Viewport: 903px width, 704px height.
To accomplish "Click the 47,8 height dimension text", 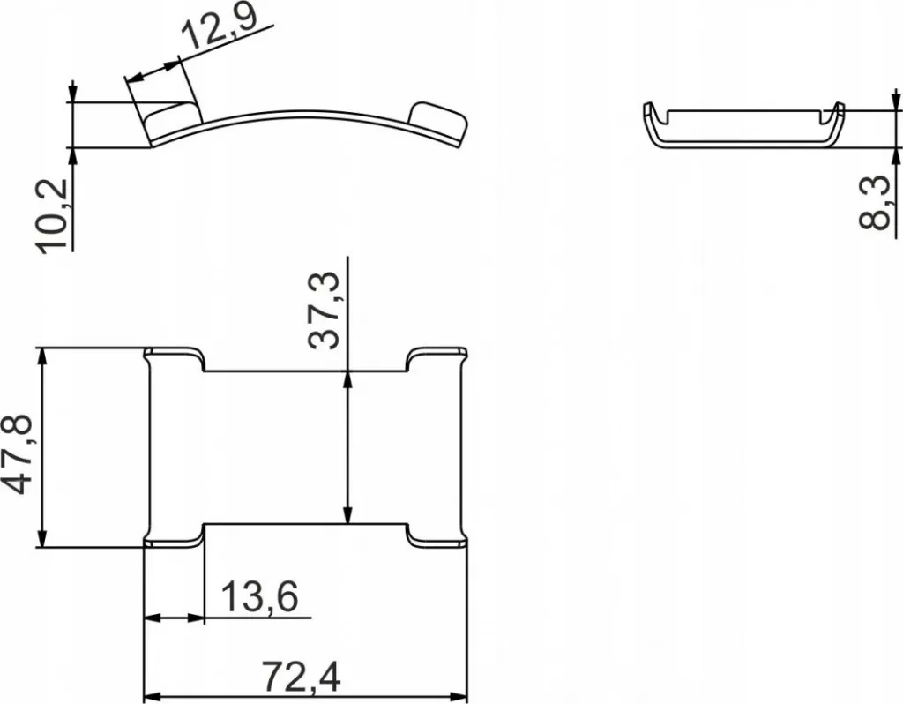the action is tap(18, 455).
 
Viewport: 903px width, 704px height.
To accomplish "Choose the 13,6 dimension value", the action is tap(259, 596).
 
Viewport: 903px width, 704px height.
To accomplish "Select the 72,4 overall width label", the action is tap(301, 677).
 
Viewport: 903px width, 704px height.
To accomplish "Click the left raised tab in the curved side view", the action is tap(171, 119).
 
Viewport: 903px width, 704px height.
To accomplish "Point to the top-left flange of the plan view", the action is tap(174, 359).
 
